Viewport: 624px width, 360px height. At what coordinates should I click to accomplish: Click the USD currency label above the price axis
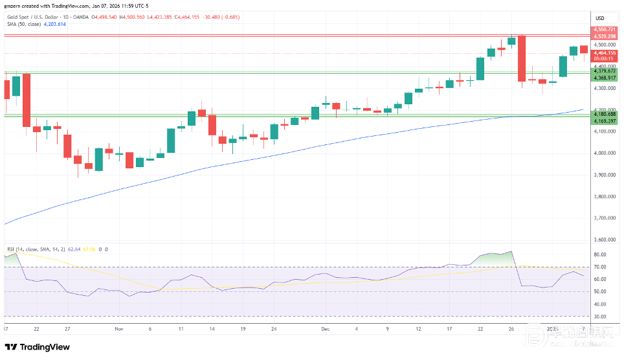click(x=599, y=17)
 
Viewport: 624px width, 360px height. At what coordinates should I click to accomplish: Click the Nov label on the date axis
click(x=118, y=329)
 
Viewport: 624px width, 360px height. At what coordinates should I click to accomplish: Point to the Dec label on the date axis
click(x=325, y=329)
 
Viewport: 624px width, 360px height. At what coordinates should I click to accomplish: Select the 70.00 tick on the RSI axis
click(x=599, y=267)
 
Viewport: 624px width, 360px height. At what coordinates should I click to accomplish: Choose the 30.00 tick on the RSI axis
click(x=599, y=317)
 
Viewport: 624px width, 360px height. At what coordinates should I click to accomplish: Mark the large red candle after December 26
click(x=521, y=58)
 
